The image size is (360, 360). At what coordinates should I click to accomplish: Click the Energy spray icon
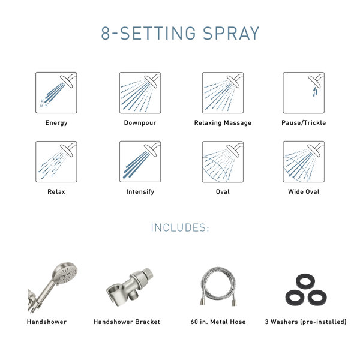[x=56, y=93]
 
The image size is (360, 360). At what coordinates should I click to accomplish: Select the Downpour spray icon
[x=140, y=93]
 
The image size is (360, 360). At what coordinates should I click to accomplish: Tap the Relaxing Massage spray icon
[x=223, y=93]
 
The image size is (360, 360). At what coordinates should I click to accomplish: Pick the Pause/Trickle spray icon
[x=303, y=93]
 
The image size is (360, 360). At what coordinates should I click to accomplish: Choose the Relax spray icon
[x=56, y=162]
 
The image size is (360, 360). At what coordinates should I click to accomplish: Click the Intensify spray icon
[x=140, y=162]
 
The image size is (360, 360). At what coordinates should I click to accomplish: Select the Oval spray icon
[x=223, y=162]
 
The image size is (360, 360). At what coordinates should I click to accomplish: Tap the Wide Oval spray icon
[x=303, y=162]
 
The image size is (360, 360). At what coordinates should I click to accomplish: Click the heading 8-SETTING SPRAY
[x=180, y=33]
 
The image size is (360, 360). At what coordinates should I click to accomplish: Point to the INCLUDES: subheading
[x=180, y=228]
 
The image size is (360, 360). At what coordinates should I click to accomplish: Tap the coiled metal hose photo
[x=222, y=286]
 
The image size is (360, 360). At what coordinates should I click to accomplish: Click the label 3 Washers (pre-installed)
[x=305, y=322]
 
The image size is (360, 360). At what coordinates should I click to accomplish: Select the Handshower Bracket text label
[x=127, y=322]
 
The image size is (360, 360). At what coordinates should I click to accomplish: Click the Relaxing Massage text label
[x=223, y=123]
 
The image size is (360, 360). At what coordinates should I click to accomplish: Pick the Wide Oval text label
[x=303, y=192]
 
